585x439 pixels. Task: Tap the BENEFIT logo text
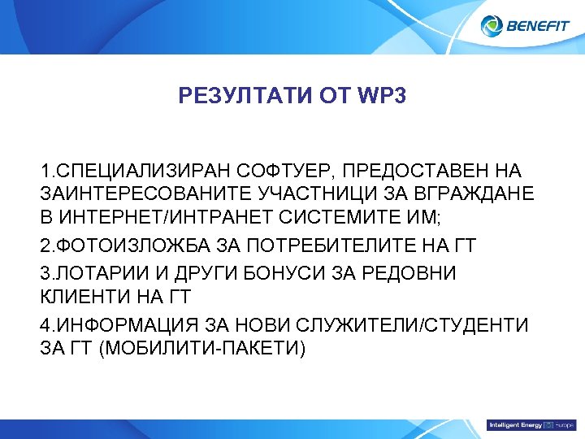(x=538, y=26)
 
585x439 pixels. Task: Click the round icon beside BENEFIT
(x=492, y=26)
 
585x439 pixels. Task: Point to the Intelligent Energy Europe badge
(x=531, y=425)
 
